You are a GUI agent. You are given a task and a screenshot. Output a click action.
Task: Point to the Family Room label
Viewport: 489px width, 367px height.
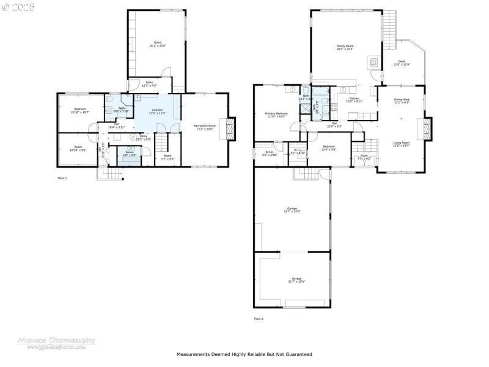(x=345, y=47)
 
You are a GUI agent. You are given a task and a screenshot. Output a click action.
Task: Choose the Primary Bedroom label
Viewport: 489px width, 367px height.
(x=276, y=114)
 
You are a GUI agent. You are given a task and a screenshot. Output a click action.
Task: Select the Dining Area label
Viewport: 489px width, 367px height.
(x=402, y=100)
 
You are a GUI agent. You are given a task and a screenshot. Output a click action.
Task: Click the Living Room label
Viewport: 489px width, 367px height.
(x=401, y=143)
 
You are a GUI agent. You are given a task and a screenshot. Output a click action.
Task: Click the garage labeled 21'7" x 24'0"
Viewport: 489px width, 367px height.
(x=292, y=210)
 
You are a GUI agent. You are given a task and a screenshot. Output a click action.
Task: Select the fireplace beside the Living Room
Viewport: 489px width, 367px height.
(x=427, y=129)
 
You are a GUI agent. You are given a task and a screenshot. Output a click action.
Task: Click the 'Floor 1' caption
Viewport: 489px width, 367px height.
(x=62, y=178)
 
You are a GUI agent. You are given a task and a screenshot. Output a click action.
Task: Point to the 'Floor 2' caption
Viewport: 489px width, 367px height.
(x=259, y=319)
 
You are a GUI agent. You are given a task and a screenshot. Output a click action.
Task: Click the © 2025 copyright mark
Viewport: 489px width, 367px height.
(x=18, y=7)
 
